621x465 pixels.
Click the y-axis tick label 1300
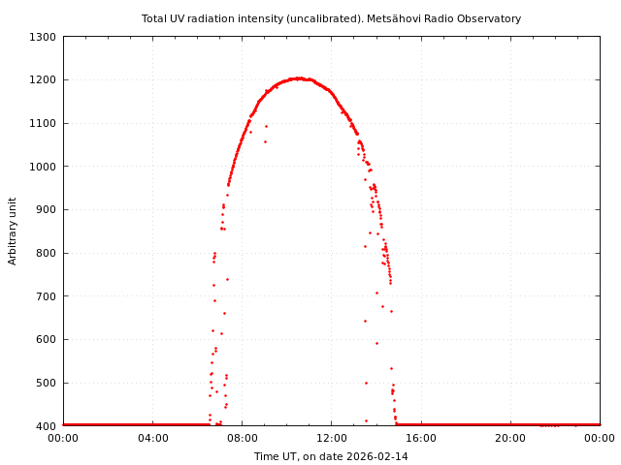(43, 37)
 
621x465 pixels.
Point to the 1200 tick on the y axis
(43, 80)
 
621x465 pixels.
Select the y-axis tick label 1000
(43, 167)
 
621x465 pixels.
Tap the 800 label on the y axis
(46, 253)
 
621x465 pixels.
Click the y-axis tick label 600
(46, 340)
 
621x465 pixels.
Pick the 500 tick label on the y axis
(46, 383)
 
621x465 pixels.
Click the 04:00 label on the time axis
(152, 438)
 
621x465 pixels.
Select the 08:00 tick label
(242, 438)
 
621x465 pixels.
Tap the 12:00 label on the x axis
(331, 438)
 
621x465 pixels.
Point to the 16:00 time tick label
(421, 438)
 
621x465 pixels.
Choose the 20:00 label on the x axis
(510, 438)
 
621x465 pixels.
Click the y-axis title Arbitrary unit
(14, 231)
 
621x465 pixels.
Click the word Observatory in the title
(493, 18)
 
